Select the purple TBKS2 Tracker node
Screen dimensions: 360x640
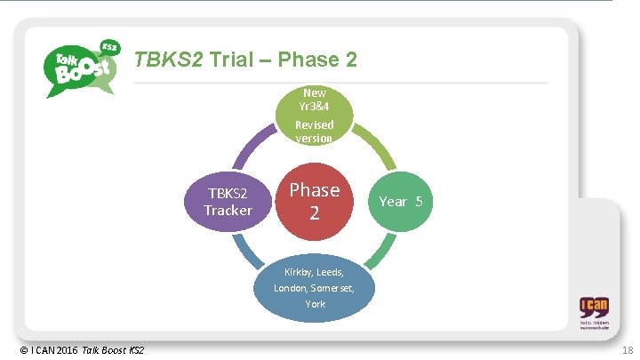pos(228,202)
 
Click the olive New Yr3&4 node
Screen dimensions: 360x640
pos(314,116)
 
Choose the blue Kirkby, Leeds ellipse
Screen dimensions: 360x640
pos(314,288)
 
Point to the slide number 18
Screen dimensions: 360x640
pos(626,350)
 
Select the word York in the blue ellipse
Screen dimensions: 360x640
pos(315,304)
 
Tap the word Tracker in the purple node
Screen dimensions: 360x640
pos(228,211)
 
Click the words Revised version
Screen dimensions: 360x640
pos(314,132)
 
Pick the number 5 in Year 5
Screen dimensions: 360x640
pos(419,202)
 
